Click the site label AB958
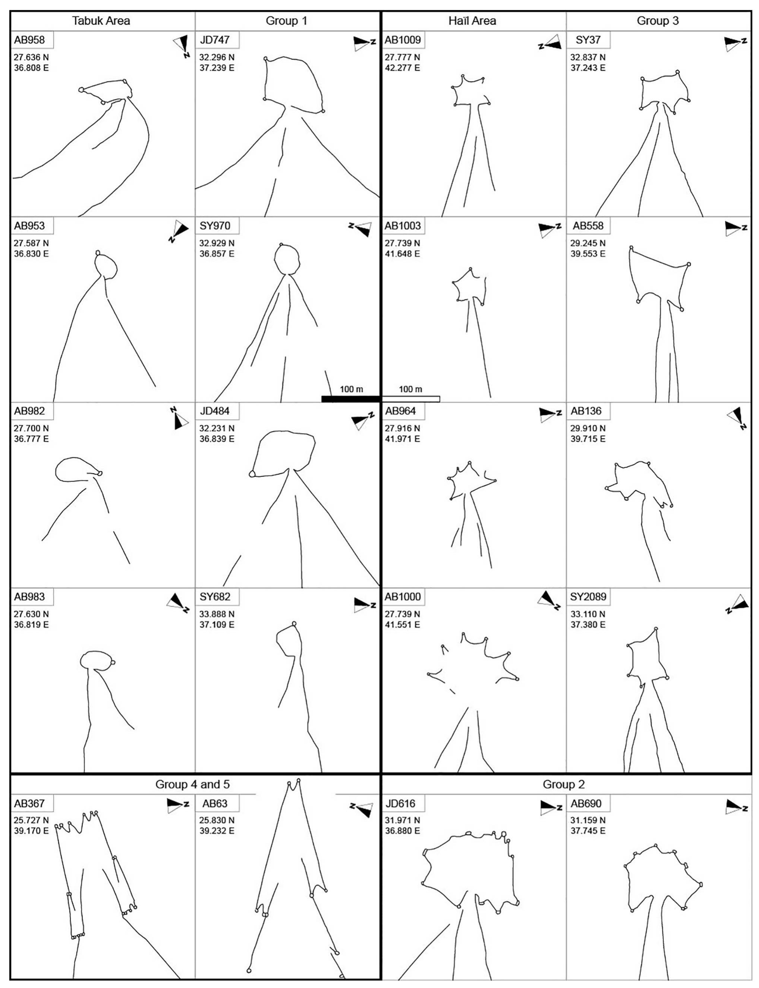(29, 40)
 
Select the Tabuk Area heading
(101, 21)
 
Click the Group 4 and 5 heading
(192, 784)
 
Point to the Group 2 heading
(564, 784)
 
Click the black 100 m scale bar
(350, 399)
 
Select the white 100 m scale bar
(411, 399)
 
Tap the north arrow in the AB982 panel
(180, 418)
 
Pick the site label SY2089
(588, 597)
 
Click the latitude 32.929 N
(217, 243)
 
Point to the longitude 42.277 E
(402, 68)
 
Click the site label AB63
(215, 804)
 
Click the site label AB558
(588, 226)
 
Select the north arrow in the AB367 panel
(177, 805)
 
